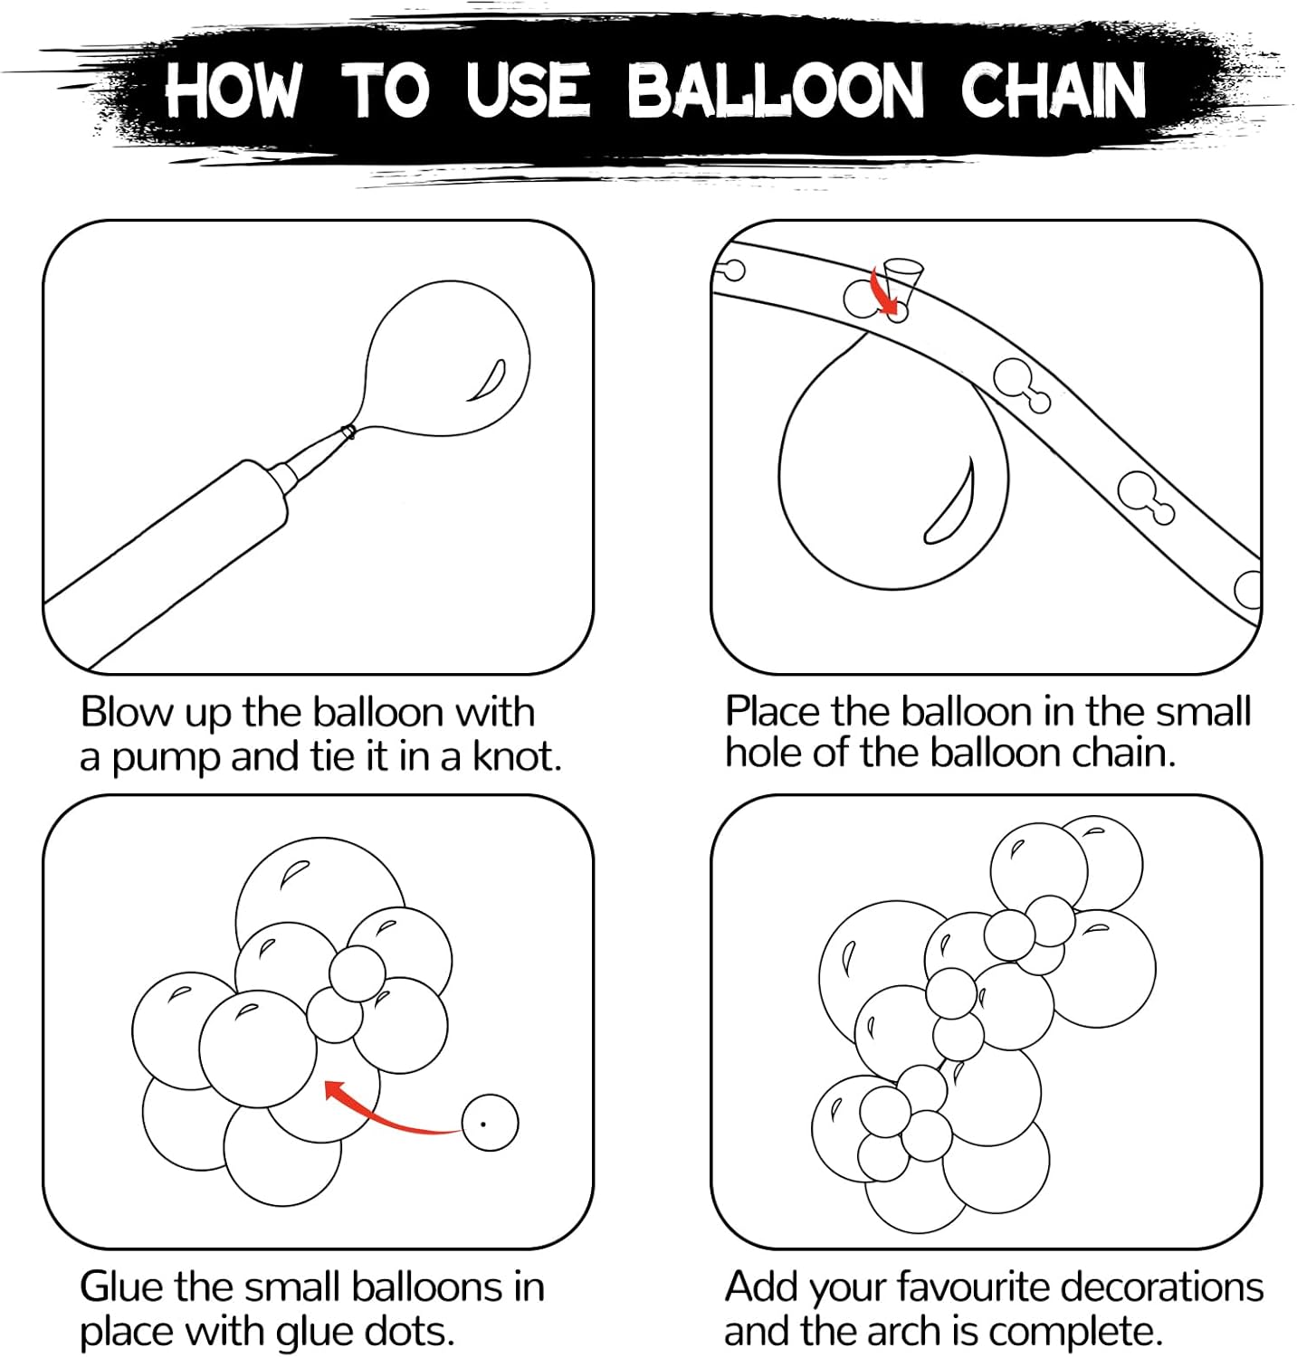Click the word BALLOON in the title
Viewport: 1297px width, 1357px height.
click(x=777, y=90)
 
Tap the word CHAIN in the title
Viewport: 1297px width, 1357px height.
click(x=1054, y=90)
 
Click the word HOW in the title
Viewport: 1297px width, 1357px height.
click(x=232, y=90)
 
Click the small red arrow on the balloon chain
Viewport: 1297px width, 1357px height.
click(x=885, y=291)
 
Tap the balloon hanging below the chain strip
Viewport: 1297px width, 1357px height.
click(x=892, y=461)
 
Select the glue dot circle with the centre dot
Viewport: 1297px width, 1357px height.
click(x=490, y=1123)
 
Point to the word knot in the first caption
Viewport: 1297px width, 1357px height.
click(x=517, y=756)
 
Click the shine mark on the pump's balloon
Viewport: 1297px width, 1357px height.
click(x=487, y=379)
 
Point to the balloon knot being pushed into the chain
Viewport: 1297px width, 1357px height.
click(x=901, y=279)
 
